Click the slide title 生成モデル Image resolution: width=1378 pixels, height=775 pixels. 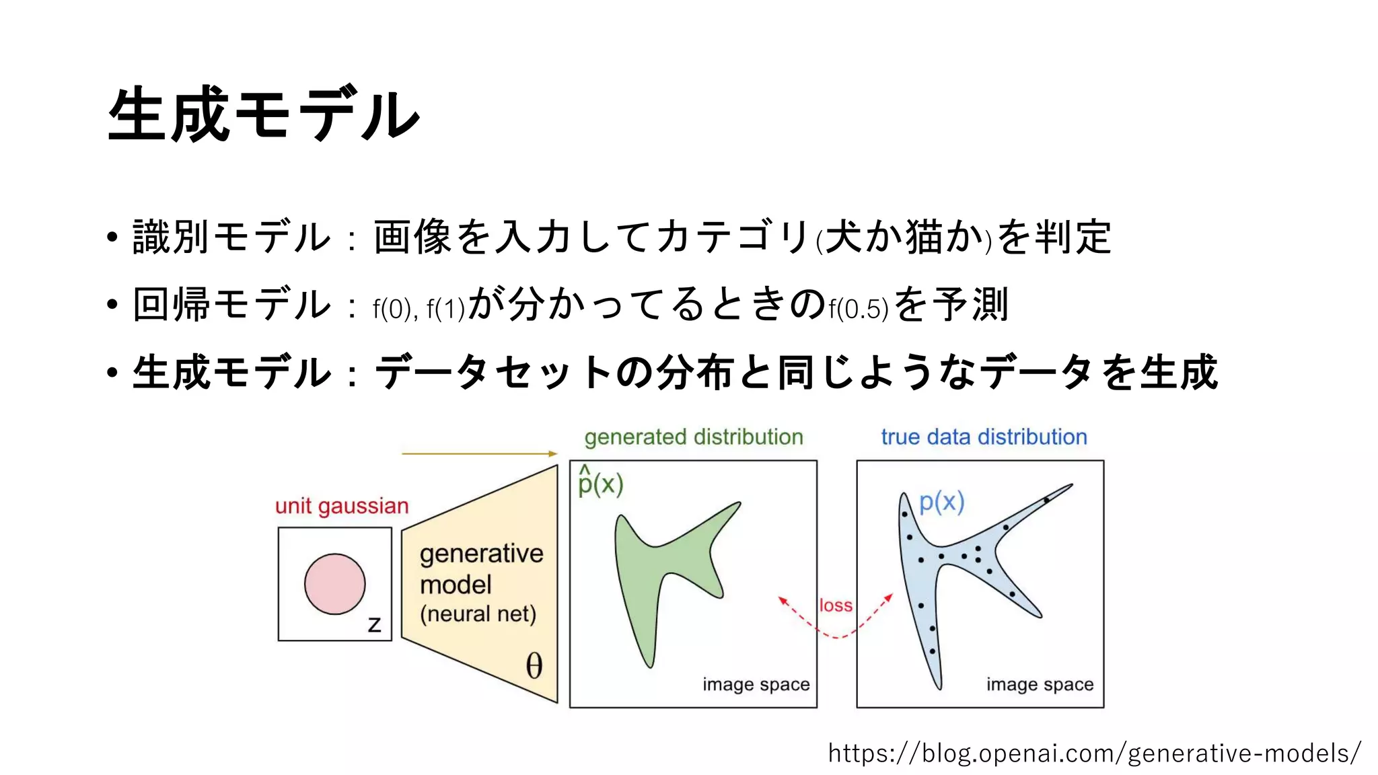pyautogui.click(x=264, y=114)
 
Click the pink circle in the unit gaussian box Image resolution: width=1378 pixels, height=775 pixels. pyautogui.click(x=334, y=584)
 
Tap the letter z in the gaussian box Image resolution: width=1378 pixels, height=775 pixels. pyautogui.click(x=375, y=624)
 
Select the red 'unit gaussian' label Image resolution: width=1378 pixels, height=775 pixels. pyautogui.click(x=342, y=506)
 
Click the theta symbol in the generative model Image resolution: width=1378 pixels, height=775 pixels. pyautogui.click(x=534, y=665)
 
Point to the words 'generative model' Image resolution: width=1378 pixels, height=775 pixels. pyautogui.click(x=480, y=568)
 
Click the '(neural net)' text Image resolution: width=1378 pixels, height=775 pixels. pyautogui.click(x=478, y=614)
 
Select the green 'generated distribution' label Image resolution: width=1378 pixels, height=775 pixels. pyautogui.click(x=693, y=437)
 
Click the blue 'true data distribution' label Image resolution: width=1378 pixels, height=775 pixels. pyautogui.click(x=984, y=437)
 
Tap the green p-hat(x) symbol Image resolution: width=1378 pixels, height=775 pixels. pyautogui.click(x=600, y=482)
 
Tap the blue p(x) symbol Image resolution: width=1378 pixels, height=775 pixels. pyautogui.click(x=941, y=502)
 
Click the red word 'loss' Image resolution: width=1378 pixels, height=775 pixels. pyautogui.click(x=836, y=605)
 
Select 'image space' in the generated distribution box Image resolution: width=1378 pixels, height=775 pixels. pyautogui.click(x=756, y=684)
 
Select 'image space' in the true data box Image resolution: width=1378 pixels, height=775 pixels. pyautogui.click(x=1040, y=684)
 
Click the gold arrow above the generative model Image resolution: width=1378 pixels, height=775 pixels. pyautogui.click(x=479, y=454)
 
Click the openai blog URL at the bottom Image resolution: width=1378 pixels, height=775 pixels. pyautogui.click(x=1094, y=753)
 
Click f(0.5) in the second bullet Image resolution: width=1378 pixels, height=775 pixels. pyautogui.click(x=859, y=309)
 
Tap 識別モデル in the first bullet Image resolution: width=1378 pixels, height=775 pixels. pyautogui.click(x=231, y=237)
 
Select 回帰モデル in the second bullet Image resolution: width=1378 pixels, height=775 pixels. pyautogui.click(x=231, y=304)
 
